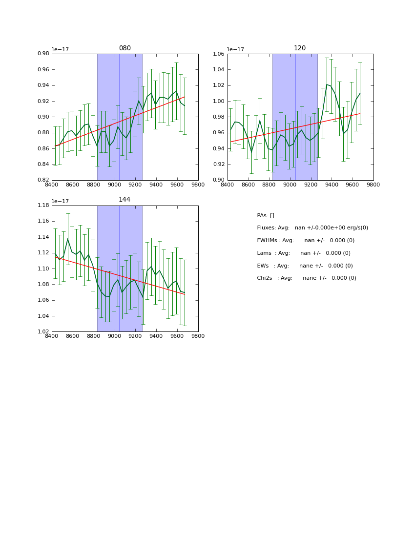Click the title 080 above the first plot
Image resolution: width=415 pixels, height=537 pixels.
click(125, 48)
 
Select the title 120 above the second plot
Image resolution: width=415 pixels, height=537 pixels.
click(300, 48)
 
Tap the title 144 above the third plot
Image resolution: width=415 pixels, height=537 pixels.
click(125, 200)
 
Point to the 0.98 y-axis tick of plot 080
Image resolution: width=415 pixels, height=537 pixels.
click(43, 54)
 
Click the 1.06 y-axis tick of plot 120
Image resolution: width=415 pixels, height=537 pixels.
click(219, 54)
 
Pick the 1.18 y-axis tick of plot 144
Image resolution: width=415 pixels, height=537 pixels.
click(43, 205)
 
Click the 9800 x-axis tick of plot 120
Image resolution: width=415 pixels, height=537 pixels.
click(373, 185)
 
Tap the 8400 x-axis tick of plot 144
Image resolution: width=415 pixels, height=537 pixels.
click(52, 336)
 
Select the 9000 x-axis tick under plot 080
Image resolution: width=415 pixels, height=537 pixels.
click(114, 185)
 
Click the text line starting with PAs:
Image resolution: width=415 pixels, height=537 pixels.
click(266, 215)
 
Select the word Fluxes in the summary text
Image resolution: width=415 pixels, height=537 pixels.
click(266, 228)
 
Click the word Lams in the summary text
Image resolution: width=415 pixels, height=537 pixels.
click(264, 253)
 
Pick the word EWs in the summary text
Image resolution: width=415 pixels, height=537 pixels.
click(263, 266)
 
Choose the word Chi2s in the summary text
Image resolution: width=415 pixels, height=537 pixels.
click(266, 278)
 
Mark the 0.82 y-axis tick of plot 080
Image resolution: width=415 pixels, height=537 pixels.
click(43, 180)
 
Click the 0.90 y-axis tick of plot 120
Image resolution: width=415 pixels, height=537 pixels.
click(219, 180)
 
